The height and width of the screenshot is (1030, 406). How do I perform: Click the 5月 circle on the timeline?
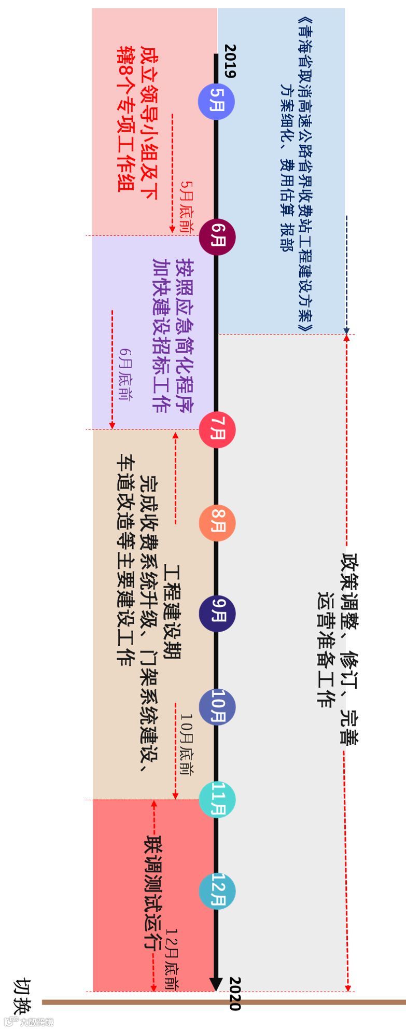tap(217, 101)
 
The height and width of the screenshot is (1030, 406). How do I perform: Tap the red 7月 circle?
tap(217, 430)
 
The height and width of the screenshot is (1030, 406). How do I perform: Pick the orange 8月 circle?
tap(217, 523)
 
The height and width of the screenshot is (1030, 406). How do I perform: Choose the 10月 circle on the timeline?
tap(217, 706)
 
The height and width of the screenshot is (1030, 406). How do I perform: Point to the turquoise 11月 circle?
tap(217, 799)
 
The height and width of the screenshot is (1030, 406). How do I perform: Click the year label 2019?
tap(230, 61)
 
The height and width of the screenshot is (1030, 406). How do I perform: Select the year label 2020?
tap(234, 993)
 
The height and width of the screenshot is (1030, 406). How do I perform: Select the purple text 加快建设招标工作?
tap(160, 335)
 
